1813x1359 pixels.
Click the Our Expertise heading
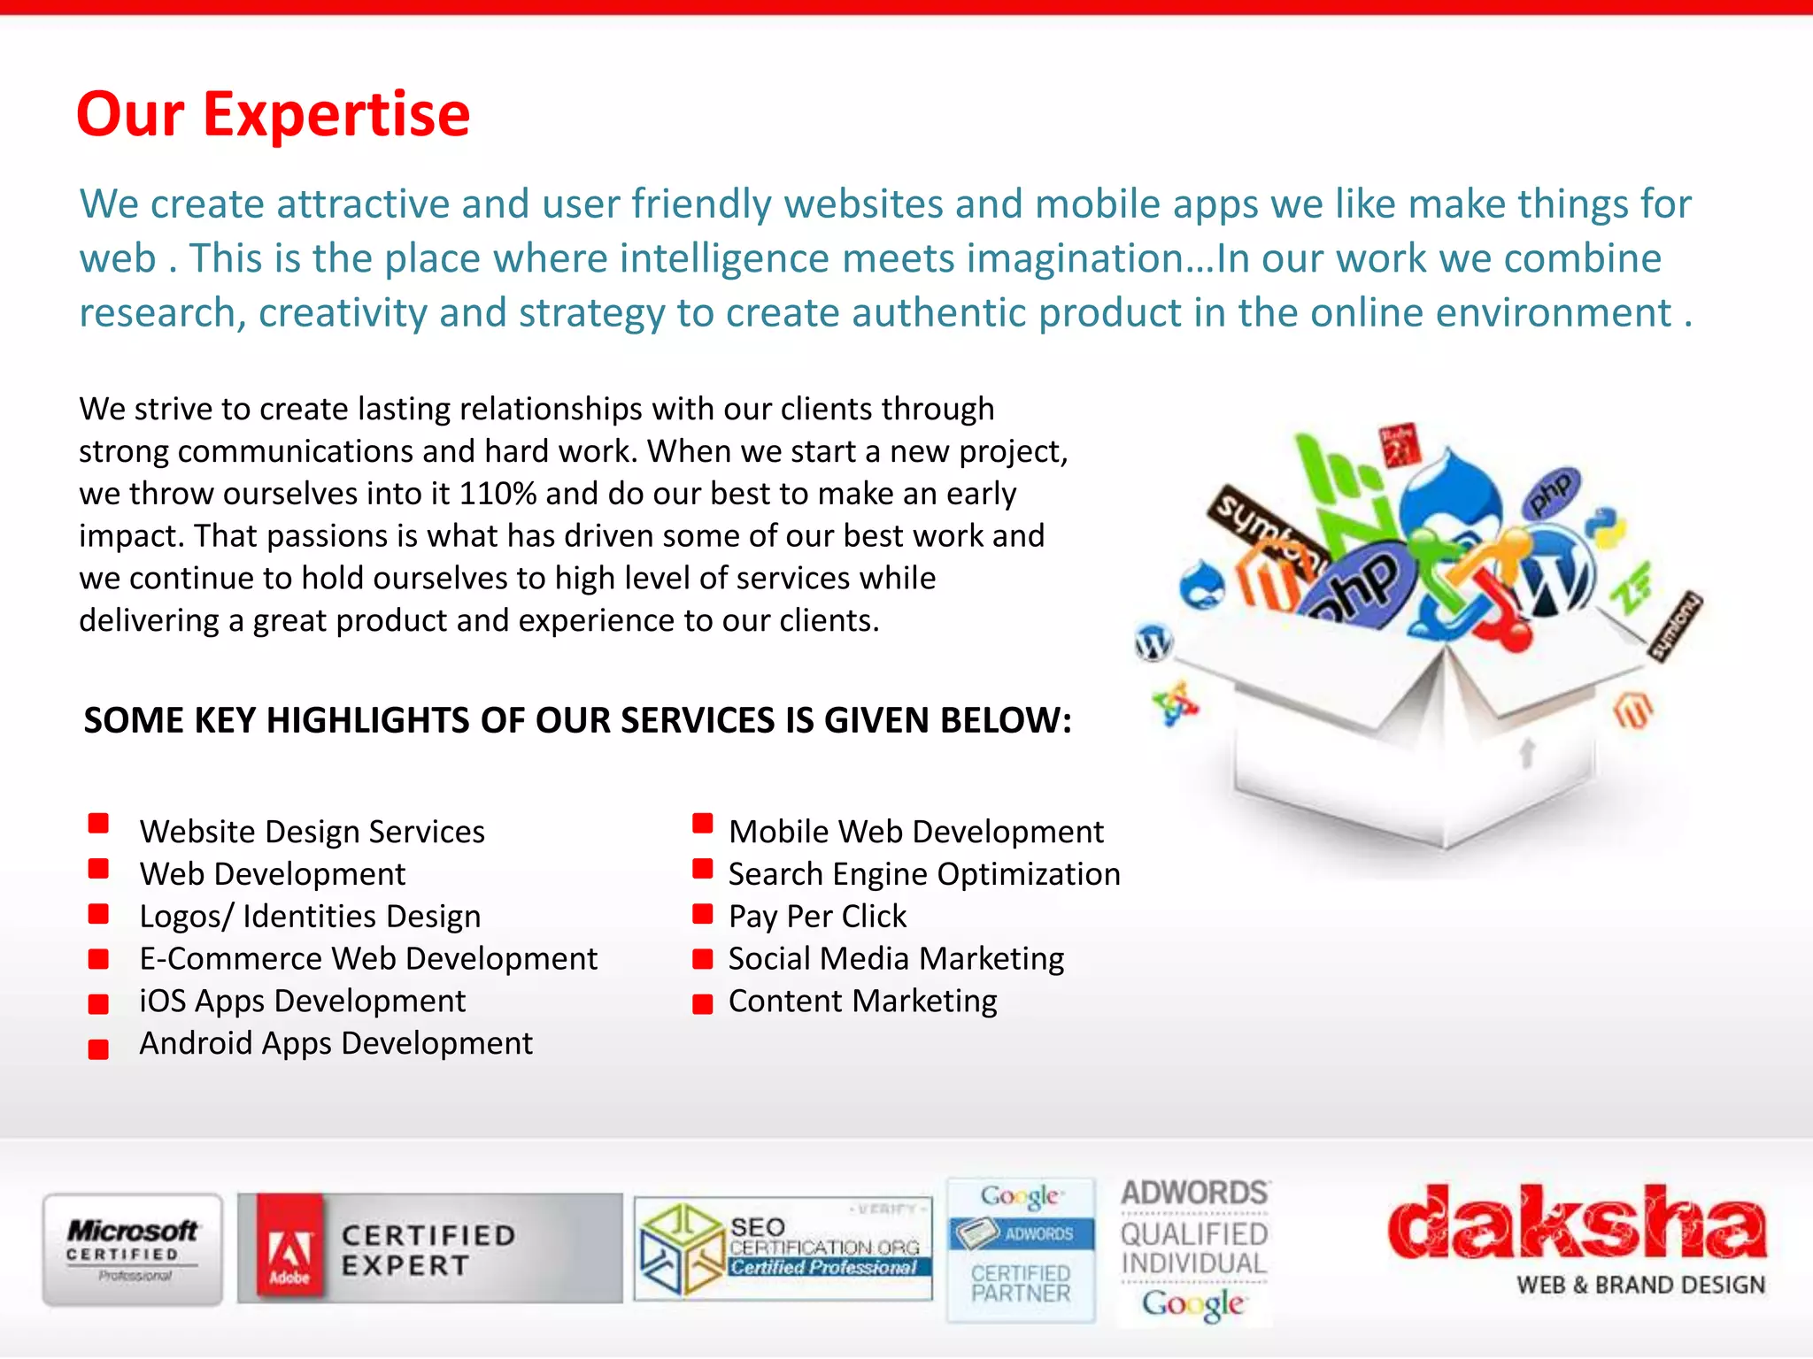[x=273, y=115]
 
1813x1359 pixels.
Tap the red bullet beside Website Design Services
[x=98, y=825]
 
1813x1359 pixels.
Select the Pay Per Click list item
[x=817, y=917]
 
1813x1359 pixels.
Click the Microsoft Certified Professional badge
[x=133, y=1249]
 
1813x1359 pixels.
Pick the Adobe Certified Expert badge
[x=429, y=1249]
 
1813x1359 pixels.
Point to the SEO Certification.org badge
[x=783, y=1249]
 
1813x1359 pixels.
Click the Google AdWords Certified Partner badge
[x=1021, y=1249]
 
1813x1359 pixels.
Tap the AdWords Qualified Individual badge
[x=1194, y=1249]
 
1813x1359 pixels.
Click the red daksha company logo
[x=1576, y=1223]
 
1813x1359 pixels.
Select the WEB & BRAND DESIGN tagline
[x=1640, y=1285]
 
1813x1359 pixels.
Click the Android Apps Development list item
[x=336, y=1044]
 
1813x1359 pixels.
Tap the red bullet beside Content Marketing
[x=703, y=1003]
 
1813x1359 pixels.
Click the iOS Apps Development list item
[x=302, y=1002]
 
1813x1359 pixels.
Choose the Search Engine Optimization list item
[x=924, y=874]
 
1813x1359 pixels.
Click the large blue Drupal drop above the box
[x=1452, y=495]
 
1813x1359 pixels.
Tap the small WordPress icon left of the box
[x=1153, y=641]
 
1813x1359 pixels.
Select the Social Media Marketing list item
[x=896, y=959]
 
